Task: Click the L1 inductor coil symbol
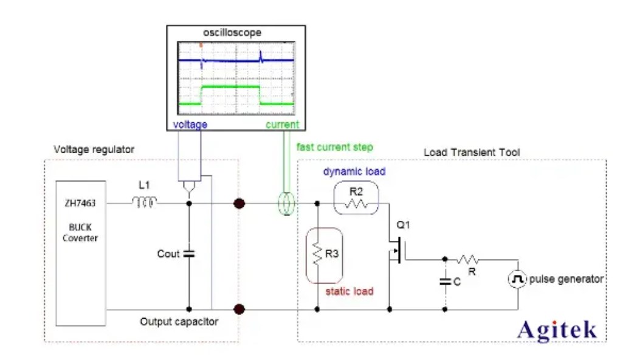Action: (145, 202)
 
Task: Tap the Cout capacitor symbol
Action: (188, 254)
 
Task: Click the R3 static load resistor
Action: (317, 255)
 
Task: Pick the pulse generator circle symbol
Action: (517, 279)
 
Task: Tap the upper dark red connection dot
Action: (239, 203)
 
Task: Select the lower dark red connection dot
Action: (239, 310)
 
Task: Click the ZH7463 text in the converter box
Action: (80, 202)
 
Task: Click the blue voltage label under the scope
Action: (190, 125)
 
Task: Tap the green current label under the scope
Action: (283, 125)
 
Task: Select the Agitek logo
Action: (557, 330)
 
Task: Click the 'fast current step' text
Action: (335, 147)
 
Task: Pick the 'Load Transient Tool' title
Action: (472, 152)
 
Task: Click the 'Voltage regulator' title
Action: (94, 149)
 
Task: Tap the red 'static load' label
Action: (349, 291)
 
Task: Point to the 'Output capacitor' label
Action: (179, 321)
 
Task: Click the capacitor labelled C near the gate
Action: (445, 281)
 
